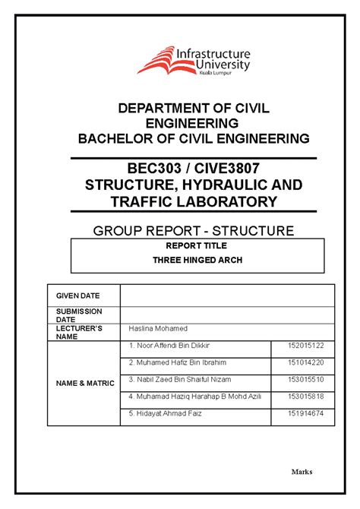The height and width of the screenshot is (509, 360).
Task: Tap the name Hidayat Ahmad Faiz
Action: pos(162,413)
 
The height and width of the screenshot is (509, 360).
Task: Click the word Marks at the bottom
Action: pos(302,471)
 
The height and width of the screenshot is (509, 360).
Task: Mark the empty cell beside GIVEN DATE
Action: pos(227,296)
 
